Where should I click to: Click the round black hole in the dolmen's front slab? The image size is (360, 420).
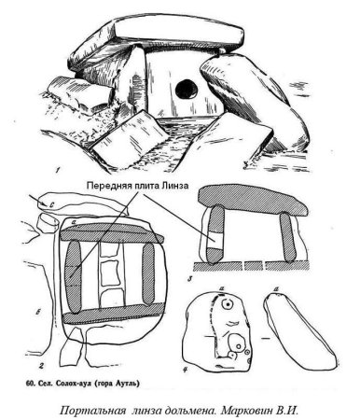pyautogui.click(x=187, y=90)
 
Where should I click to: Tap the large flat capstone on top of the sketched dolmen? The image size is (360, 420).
pyautogui.click(x=179, y=33)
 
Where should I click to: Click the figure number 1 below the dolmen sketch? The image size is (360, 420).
pyautogui.click(x=58, y=170)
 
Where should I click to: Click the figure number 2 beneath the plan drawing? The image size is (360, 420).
pyautogui.click(x=40, y=366)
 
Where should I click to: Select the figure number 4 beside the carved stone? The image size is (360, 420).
pyautogui.click(x=186, y=370)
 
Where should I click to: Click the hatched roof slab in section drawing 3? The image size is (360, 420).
pyautogui.click(x=253, y=200)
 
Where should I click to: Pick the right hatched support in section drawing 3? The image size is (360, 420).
pyautogui.click(x=286, y=237)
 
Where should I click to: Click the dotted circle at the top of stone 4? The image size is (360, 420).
pyautogui.click(x=228, y=304)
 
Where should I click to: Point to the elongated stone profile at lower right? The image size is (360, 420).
pyautogui.click(x=299, y=331)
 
